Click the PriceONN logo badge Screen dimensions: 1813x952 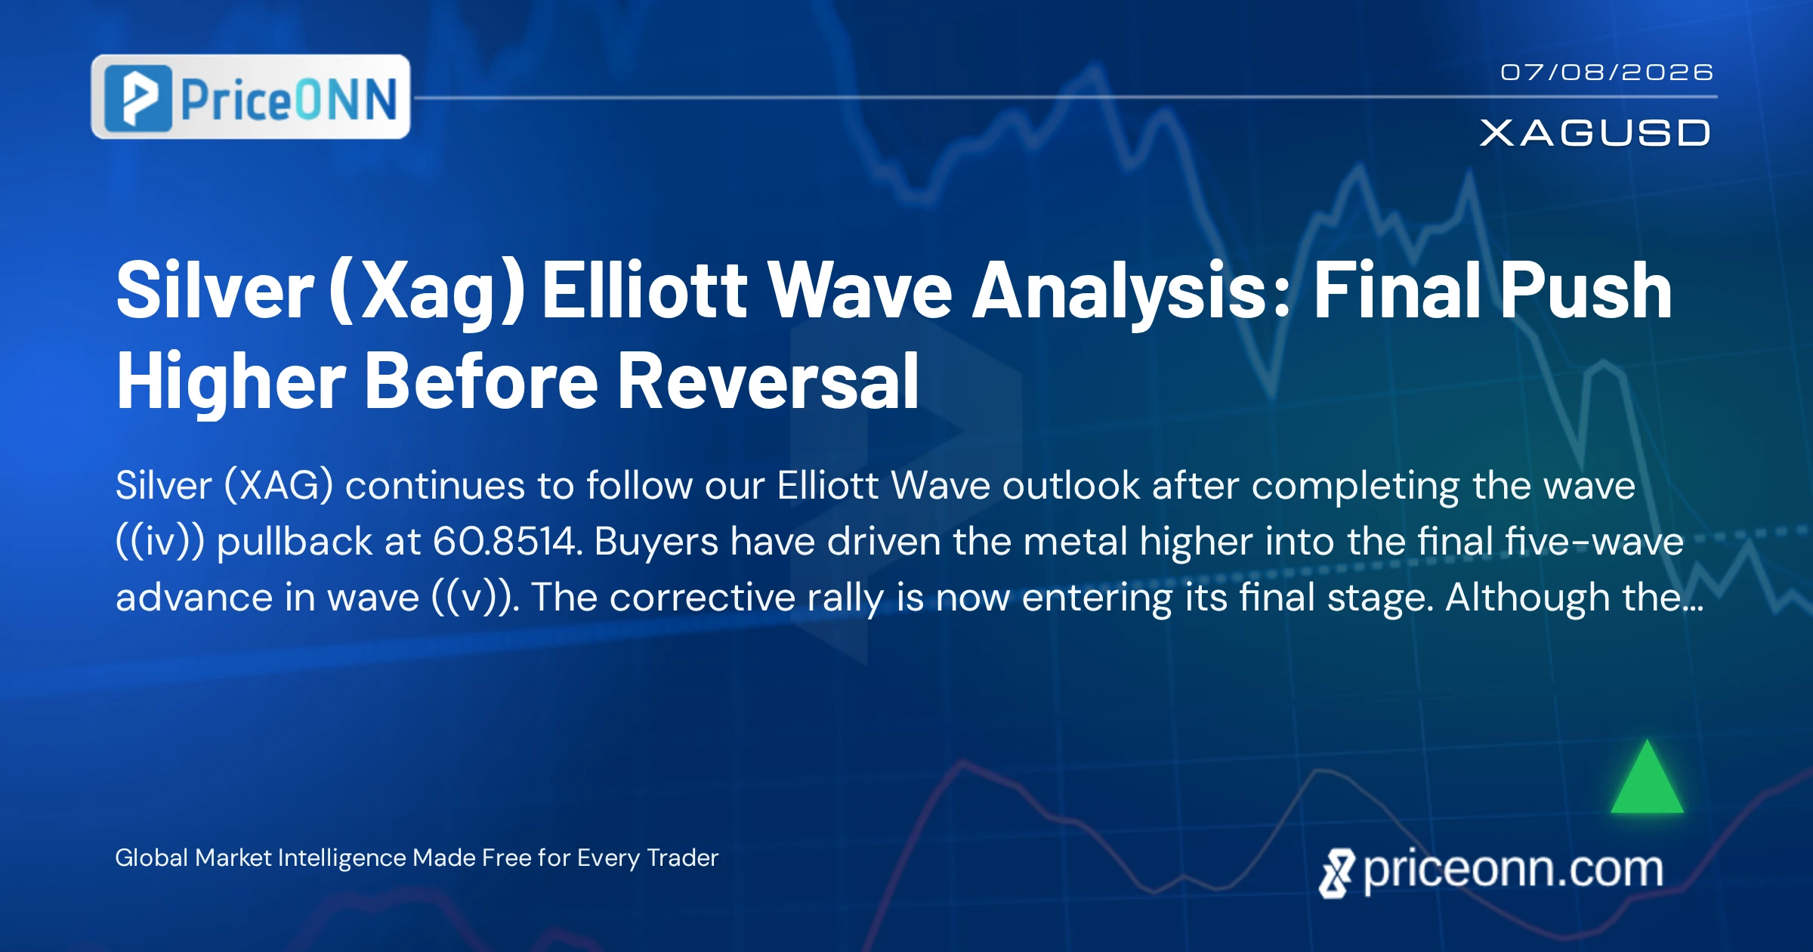tap(251, 97)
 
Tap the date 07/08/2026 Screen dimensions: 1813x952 tap(1607, 73)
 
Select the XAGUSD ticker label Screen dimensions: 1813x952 tap(1595, 133)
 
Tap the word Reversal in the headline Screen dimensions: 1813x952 tap(768, 382)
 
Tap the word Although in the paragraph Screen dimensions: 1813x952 tap(1527, 598)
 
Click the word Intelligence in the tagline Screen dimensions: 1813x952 tap(342, 858)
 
